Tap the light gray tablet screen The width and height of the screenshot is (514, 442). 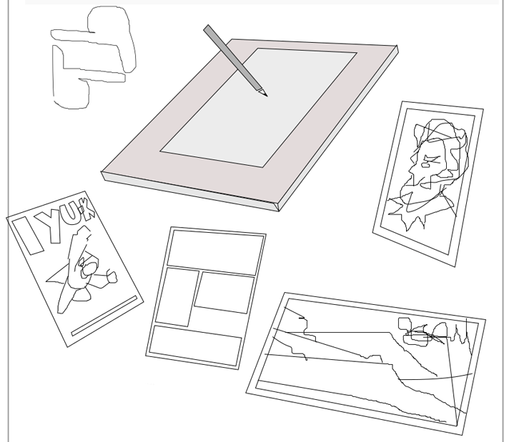tap(258, 107)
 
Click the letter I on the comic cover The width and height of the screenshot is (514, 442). tap(28, 236)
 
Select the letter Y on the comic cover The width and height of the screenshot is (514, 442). tap(51, 226)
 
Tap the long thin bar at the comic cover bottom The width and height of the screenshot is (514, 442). tap(104, 316)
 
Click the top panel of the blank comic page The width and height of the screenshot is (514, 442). tap(216, 253)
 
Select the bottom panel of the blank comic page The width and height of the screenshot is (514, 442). tap(195, 345)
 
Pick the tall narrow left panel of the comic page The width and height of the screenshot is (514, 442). tap(177, 297)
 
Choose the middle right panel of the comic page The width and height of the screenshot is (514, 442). tap(224, 293)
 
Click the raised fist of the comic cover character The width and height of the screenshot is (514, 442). tap(112, 276)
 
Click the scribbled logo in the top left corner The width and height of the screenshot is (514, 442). tap(93, 58)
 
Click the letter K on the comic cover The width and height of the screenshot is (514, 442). tap(87, 209)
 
